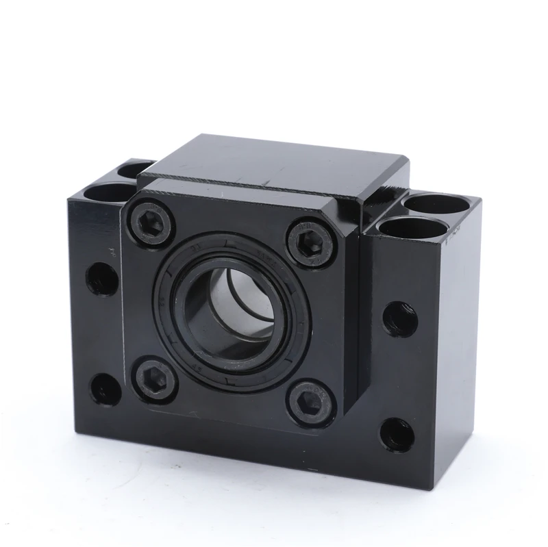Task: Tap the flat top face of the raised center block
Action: [274, 161]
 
